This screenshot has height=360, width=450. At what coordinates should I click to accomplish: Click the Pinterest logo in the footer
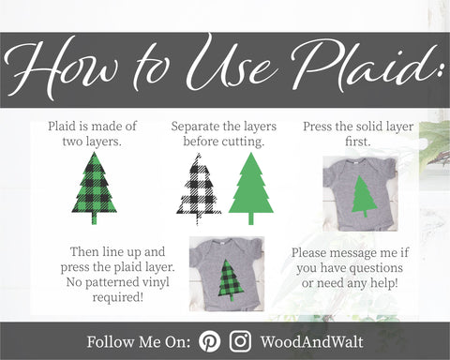pyautogui.click(x=209, y=341)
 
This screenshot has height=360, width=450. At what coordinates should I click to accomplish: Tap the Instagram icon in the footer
pyautogui.click(x=240, y=341)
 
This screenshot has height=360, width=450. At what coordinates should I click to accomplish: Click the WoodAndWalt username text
pyautogui.click(x=311, y=341)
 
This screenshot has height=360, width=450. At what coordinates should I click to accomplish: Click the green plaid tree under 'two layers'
pyautogui.click(x=95, y=188)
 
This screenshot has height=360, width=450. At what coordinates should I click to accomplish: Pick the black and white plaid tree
pyautogui.click(x=199, y=188)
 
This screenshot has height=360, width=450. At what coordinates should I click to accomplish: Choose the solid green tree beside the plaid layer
pyautogui.click(x=251, y=188)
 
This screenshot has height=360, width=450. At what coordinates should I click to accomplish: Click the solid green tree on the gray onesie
pyautogui.click(x=364, y=196)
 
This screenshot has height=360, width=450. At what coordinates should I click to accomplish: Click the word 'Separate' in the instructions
pyautogui.click(x=194, y=127)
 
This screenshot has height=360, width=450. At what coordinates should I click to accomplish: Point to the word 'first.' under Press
pyautogui.click(x=358, y=142)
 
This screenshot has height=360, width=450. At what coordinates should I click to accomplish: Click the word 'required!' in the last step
pyautogui.click(x=118, y=297)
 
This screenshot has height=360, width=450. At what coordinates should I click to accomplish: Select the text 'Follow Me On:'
pyautogui.click(x=139, y=341)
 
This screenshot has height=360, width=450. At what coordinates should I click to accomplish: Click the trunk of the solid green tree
pyautogui.click(x=251, y=218)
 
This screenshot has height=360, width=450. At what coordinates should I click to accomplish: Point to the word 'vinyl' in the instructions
pyautogui.click(x=156, y=282)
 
